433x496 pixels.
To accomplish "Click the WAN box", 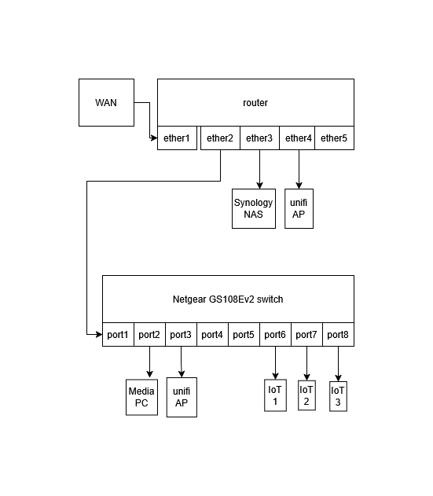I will tap(106, 102).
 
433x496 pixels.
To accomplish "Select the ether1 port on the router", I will tap(177, 138).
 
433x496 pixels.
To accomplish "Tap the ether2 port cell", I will tap(220, 138).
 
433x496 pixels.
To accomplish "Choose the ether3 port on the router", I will tap(259, 138).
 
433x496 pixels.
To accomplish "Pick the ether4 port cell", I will tap(299, 138).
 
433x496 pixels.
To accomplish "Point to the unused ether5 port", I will tap(334, 138).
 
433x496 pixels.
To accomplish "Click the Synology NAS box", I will tap(253, 208).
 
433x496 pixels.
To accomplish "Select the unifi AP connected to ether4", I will tap(299, 208).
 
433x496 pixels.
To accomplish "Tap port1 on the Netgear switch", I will tap(118, 335).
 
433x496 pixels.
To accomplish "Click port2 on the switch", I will tap(149, 335).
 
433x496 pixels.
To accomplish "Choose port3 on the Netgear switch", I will tap(181, 335).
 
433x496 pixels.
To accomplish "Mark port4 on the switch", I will tap(212, 335).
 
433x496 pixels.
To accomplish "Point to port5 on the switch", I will tap(244, 335).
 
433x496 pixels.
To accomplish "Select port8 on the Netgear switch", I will tap(338, 335).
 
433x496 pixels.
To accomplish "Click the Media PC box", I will tap(142, 397).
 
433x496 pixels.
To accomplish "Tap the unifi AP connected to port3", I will tap(182, 397).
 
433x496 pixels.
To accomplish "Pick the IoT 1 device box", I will tap(275, 395).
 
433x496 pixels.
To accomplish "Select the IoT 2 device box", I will tap(306, 395).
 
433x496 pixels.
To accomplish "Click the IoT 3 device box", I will tap(338, 396).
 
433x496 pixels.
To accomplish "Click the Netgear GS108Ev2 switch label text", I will tap(228, 299).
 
